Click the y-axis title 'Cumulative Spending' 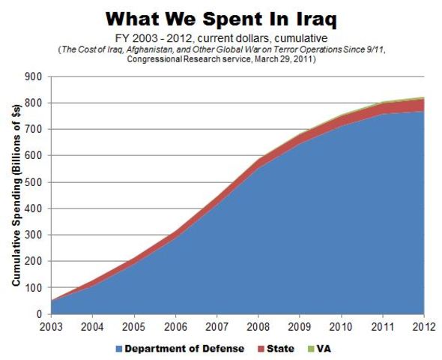coord(16,195)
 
